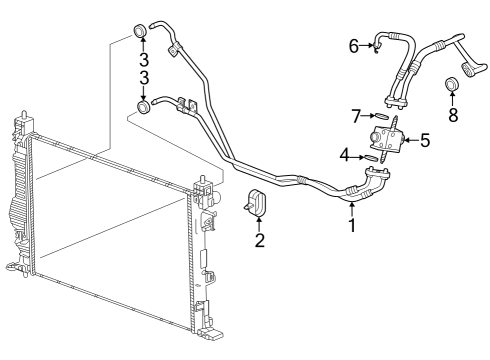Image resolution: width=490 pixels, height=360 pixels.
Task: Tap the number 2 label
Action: (259, 240)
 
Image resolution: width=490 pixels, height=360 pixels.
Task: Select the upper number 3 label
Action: (144, 59)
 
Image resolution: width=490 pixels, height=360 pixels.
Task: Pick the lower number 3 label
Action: (144, 79)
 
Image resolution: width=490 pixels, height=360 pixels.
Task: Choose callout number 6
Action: (354, 46)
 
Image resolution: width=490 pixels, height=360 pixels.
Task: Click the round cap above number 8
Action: (451, 82)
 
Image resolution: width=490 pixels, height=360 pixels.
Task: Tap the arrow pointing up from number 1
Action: (352, 206)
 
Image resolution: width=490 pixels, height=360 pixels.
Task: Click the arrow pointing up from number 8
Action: (452, 98)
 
